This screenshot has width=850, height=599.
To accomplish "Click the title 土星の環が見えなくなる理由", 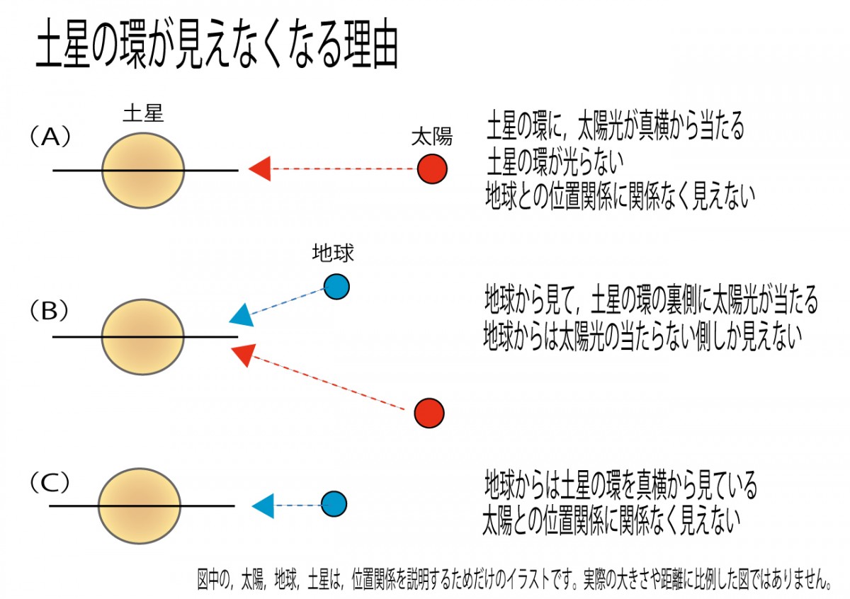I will tap(217, 48).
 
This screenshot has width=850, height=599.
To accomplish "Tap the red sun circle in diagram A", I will tap(431, 170).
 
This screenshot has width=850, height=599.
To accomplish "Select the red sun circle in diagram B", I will tap(429, 413).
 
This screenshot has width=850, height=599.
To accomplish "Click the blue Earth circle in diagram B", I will tap(336, 287).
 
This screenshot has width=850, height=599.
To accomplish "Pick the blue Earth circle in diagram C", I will tap(334, 505).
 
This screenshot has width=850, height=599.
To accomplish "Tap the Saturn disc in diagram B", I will tap(143, 336).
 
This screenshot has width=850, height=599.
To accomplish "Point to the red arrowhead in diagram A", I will tap(259, 169).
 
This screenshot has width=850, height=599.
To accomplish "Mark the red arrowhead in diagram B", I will tap(243, 353).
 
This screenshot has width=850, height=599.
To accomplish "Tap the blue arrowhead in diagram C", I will tap(263, 505).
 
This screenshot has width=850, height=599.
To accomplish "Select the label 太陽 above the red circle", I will tap(431, 137).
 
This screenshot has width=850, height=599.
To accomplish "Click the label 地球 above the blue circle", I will tap(333, 253).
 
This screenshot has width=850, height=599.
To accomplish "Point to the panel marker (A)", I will tap(50, 136).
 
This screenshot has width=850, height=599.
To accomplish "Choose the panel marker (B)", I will tap(50, 309).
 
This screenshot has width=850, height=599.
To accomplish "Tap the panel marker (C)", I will tap(50, 484).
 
